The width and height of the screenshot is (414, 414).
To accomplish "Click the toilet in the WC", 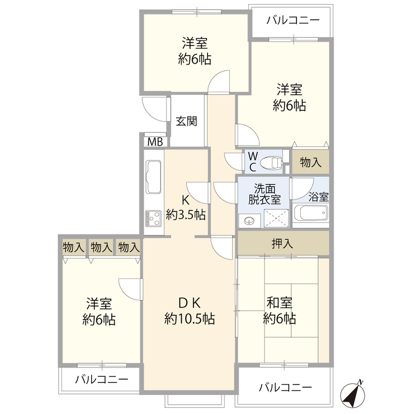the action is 271,163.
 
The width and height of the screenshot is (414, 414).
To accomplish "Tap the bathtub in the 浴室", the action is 310,213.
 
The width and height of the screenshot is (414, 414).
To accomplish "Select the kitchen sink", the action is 154,176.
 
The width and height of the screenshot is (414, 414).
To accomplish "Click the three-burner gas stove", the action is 153,218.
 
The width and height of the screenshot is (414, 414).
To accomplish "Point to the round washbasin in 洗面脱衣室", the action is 249,220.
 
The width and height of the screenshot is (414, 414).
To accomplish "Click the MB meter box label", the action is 155,142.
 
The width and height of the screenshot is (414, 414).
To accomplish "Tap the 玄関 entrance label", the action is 186,121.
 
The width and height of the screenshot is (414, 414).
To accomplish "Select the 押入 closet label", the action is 282,243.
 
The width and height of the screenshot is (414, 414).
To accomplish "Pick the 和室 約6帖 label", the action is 279,311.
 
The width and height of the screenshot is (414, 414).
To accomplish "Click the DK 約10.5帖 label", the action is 189,311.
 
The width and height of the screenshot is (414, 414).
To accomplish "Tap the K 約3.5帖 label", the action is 186,208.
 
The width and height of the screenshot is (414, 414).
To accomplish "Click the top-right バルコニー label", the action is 293,20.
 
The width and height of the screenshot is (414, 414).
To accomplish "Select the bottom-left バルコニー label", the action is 101,379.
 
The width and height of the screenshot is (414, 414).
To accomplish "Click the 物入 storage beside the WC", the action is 310,162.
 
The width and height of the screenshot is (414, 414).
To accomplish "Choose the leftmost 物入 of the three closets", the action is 74,247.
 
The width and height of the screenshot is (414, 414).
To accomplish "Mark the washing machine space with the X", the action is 276,218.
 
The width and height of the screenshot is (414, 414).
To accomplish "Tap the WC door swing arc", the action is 234,161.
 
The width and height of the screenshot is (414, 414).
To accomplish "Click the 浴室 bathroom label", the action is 318,197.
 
